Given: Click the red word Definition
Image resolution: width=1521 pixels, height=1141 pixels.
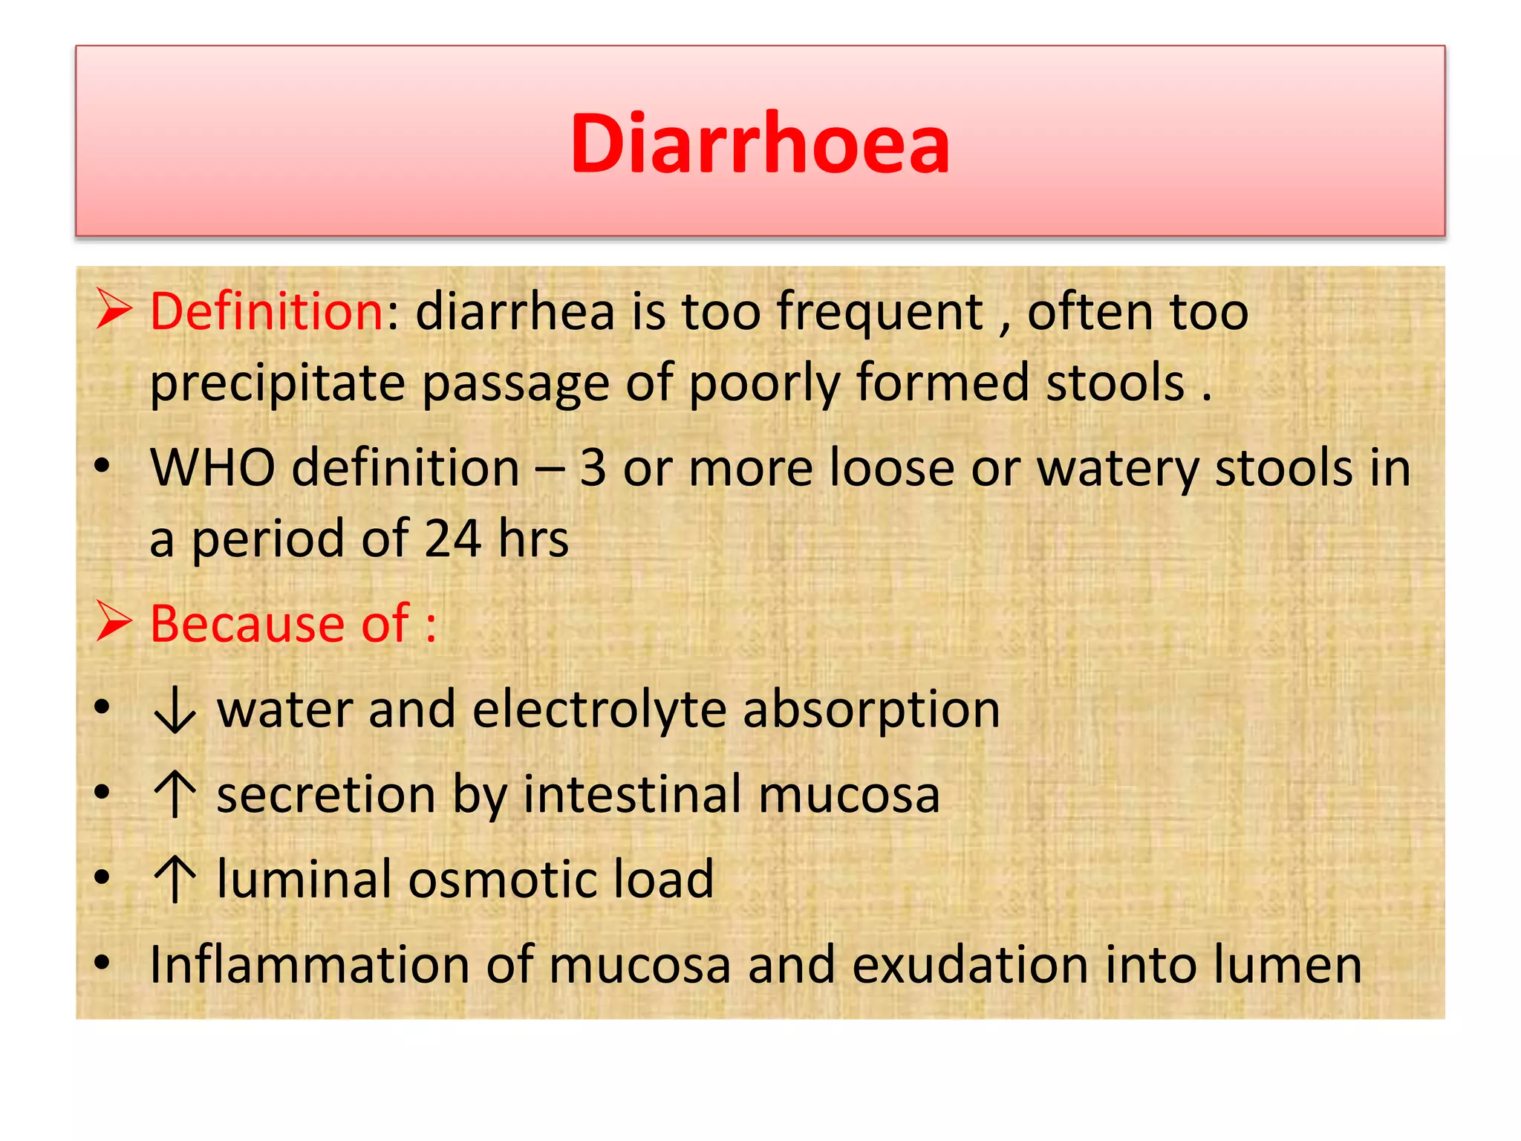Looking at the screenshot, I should click(267, 311).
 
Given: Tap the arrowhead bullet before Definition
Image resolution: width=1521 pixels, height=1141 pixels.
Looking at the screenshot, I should click(114, 310).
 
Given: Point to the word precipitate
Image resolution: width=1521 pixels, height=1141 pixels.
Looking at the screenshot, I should click(278, 384).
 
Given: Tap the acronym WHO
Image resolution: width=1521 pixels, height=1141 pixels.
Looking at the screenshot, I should click(212, 468).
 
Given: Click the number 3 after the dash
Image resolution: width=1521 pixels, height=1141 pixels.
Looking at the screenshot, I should click(593, 469).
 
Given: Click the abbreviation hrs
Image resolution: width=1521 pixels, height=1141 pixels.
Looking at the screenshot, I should click(533, 539).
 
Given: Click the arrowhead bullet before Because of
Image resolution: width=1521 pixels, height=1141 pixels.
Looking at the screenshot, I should click(114, 622).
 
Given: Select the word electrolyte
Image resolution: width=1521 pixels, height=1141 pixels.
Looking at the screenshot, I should click(599, 709).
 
